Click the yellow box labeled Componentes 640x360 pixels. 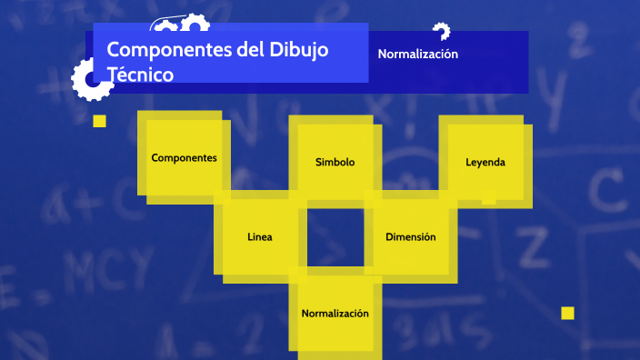tap(184, 157)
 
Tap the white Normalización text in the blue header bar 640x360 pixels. tap(417, 54)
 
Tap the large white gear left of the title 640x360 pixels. tap(92, 78)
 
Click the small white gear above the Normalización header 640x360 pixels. tap(442, 32)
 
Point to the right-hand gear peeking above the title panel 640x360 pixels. tap(194, 20)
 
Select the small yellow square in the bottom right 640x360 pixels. tap(567, 313)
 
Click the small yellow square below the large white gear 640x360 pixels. tap(99, 121)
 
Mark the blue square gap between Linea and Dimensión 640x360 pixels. tap(335, 236)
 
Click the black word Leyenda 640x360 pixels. tap(485, 162)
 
